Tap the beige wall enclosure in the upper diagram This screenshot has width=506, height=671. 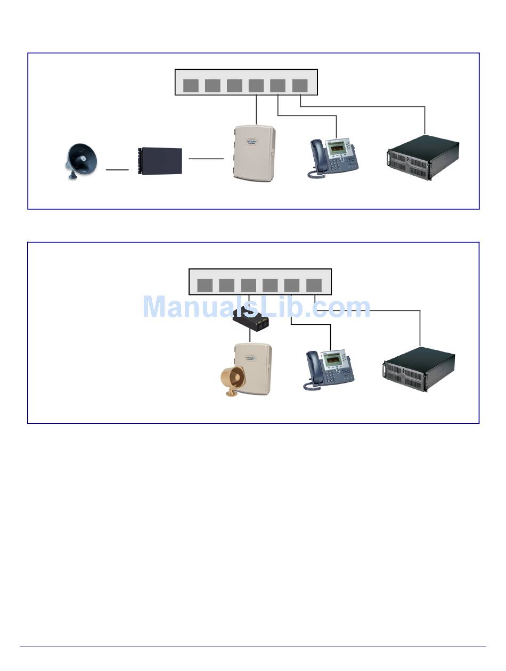[x=253, y=153]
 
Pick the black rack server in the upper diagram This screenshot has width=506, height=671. [x=423, y=157]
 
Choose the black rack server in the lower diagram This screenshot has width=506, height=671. [x=419, y=369]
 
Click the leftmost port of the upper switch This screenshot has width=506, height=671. [x=191, y=85]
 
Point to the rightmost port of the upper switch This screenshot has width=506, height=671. [x=300, y=85]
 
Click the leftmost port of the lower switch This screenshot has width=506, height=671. [x=205, y=285]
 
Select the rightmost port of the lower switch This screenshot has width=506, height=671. [x=314, y=285]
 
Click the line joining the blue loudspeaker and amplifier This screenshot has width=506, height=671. [x=117, y=170]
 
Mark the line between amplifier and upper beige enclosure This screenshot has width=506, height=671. [x=206, y=158]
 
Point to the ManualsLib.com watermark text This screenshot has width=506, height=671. [x=256, y=307]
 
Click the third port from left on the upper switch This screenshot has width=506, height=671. [x=234, y=85]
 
